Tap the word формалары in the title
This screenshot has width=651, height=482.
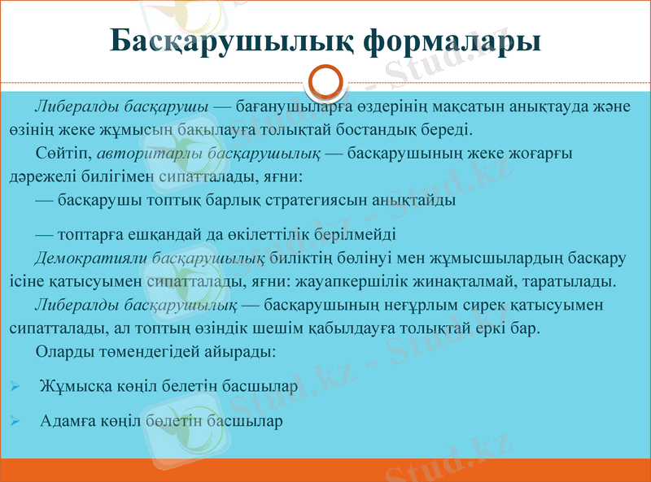click(x=451, y=41)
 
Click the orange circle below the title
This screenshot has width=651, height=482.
click(x=326, y=82)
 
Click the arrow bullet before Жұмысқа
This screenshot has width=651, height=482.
click(x=15, y=387)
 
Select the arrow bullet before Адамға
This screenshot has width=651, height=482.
click(x=15, y=421)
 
